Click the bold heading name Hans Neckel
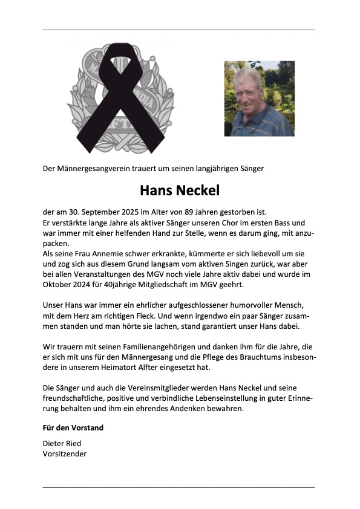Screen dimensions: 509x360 tap(180, 190)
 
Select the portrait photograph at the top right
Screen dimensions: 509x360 tap(259, 98)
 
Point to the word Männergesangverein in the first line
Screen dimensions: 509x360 tap(96, 168)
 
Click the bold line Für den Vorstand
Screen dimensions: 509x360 tap(73, 427)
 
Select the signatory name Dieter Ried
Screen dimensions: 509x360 tap(62, 443)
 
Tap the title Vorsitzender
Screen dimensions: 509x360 tap(65, 453)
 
